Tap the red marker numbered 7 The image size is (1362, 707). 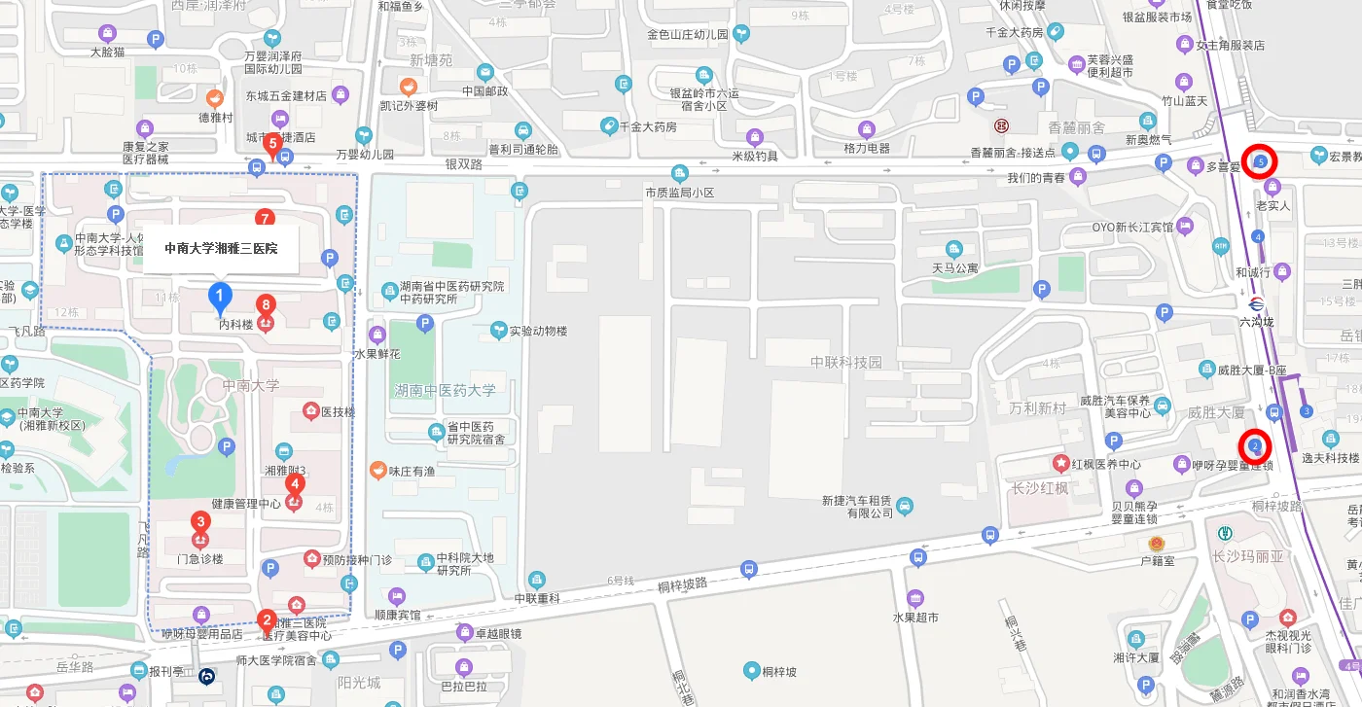(264, 219)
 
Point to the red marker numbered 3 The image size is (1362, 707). (200, 522)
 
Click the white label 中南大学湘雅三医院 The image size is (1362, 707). (221, 248)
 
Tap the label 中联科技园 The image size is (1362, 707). (845, 362)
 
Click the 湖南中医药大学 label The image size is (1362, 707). (445, 390)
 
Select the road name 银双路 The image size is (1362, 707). (464, 164)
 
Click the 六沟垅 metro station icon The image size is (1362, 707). (1255, 302)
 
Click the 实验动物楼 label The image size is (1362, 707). (538, 331)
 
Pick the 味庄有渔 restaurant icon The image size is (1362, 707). (377, 471)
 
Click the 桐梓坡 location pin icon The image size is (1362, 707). (751, 670)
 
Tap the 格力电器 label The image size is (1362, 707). (867, 148)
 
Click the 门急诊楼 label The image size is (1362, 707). (199, 558)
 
